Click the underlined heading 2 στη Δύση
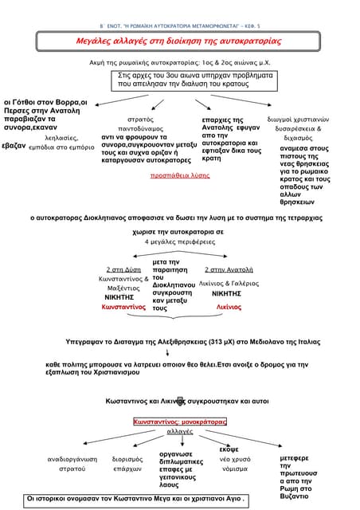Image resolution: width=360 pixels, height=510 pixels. pos(123,269)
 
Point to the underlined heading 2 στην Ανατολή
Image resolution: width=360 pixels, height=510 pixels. pos(229,269)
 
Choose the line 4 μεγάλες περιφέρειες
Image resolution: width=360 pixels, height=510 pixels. pos(179,241)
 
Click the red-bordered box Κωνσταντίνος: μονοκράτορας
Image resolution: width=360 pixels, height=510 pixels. pos(180,420)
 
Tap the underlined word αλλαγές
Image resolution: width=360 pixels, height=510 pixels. pos(180,431)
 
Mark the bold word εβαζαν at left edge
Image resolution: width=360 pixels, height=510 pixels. pos(14,147)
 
